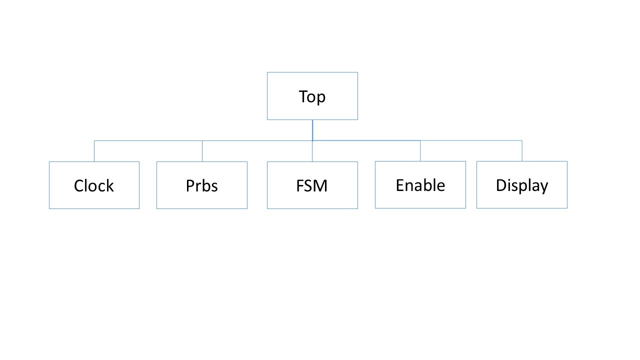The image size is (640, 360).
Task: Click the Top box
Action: [312, 96]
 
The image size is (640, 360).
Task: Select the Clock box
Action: [94, 185]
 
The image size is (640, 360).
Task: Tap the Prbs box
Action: [201, 185]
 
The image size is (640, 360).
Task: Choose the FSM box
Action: [312, 185]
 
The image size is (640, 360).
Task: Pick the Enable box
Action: [420, 184]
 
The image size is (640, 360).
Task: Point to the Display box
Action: [521, 184]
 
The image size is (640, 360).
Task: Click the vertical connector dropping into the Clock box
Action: [94, 151]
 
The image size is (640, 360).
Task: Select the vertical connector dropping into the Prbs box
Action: [202, 151]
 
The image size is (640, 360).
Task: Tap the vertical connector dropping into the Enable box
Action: [420, 150]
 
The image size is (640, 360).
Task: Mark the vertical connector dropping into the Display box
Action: [522, 150]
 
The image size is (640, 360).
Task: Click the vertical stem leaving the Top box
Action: [312, 130]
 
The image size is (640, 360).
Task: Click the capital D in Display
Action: [500, 185]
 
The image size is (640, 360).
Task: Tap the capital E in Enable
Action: [399, 185]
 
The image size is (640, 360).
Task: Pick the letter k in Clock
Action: [110, 186]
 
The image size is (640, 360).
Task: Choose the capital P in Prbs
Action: [190, 186]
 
